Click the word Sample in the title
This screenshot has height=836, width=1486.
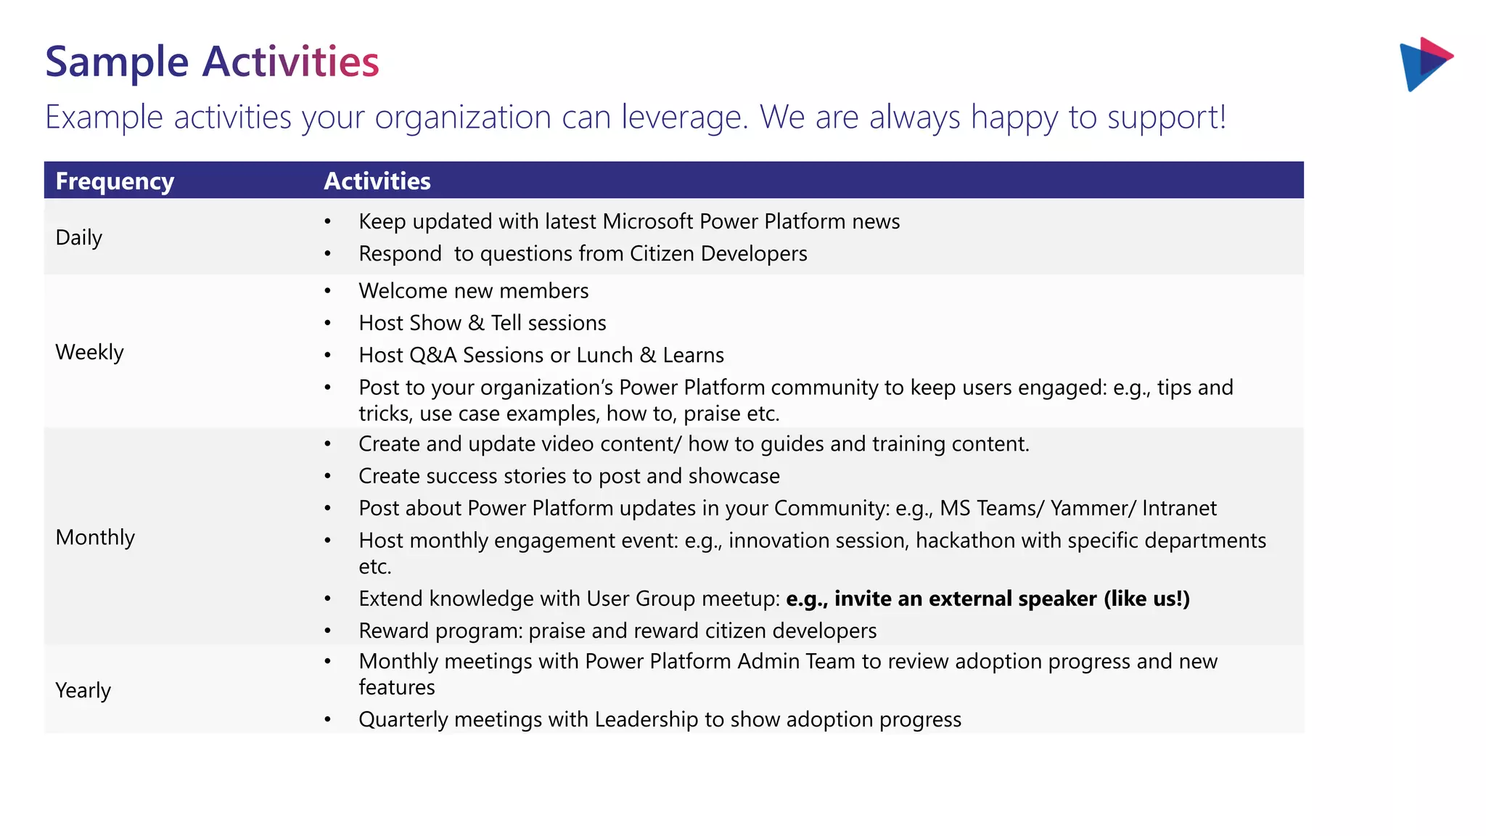(x=117, y=62)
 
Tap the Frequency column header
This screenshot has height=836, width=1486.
(x=115, y=181)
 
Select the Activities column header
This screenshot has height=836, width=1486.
(x=377, y=181)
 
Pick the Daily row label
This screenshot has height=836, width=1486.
(x=78, y=237)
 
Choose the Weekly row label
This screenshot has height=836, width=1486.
(x=89, y=352)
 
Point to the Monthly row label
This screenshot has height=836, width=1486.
(x=95, y=537)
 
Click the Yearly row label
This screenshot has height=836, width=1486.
(x=83, y=690)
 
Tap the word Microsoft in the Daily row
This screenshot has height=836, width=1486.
(x=648, y=221)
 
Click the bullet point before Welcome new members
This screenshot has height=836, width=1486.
(x=328, y=291)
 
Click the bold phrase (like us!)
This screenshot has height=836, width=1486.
(x=1146, y=599)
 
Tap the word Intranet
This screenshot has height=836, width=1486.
(x=1179, y=508)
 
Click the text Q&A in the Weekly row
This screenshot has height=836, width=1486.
(x=432, y=355)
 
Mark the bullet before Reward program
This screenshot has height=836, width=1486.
(x=328, y=631)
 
